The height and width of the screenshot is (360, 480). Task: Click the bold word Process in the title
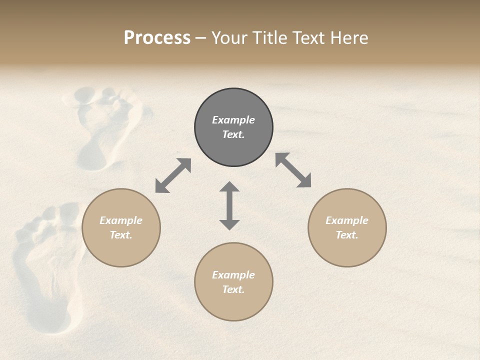point(157,38)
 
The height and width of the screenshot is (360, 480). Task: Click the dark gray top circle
point(233,127)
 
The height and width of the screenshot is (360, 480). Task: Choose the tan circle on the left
point(121,227)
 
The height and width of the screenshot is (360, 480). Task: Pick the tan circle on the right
point(347,227)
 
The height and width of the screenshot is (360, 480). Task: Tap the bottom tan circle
point(233,282)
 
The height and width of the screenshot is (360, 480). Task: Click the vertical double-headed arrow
point(229,205)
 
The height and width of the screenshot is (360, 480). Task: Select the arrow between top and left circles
point(173,175)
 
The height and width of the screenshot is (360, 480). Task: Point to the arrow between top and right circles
point(293,170)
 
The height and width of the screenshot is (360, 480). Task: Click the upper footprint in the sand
point(102,125)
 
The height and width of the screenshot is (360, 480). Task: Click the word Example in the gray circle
point(233,120)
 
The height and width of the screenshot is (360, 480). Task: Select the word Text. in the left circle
point(121,235)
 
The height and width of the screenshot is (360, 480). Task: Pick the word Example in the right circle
point(347,220)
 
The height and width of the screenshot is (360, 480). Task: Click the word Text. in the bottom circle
point(233,289)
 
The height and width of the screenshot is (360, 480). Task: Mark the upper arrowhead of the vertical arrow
point(229,187)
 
